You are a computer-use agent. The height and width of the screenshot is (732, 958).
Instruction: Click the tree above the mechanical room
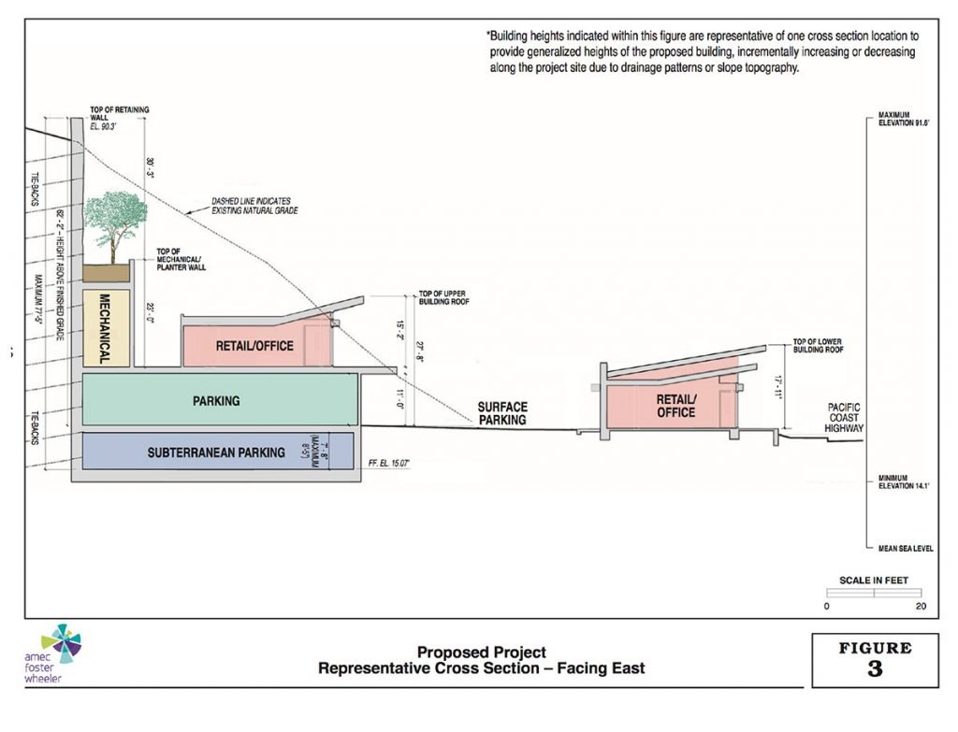tap(114, 224)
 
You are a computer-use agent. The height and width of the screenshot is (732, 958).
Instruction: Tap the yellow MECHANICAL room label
tap(105, 328)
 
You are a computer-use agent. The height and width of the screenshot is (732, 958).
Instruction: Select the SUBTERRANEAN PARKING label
tap(216, 452)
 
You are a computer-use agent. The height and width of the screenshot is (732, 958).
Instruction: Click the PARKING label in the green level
tap(216, 401)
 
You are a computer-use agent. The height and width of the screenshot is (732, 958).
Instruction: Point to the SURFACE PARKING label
tap(502, 413)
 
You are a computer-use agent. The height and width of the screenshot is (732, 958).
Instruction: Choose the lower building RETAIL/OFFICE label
tap(675, 406)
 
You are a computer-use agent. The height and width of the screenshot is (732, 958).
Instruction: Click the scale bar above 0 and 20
tap(873, 593)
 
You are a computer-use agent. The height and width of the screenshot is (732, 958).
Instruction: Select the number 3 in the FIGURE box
tap(874, 668)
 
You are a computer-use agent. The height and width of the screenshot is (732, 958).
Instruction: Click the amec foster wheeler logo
tap(58, 653)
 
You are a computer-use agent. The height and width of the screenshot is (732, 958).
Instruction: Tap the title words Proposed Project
tap(481, 653)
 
